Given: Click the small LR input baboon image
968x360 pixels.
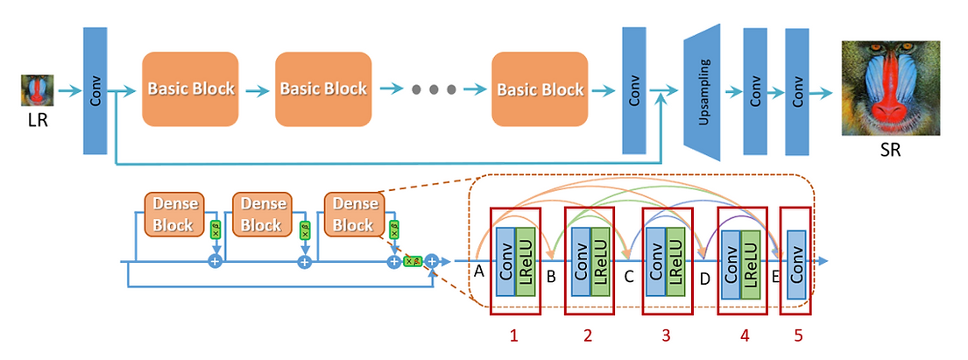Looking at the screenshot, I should pos(38,90).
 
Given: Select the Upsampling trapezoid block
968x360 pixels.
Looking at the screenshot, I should pos(704,91).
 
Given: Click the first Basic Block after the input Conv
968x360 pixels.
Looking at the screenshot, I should pos(190,88).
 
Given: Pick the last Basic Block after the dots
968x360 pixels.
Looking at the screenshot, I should pos(539,88).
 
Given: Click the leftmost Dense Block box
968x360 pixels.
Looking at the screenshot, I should pos(174,214).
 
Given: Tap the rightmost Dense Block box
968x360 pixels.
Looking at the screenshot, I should pos(353,214).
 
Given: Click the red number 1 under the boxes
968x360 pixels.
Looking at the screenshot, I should pos(515,334).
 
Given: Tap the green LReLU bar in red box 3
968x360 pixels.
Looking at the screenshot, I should pos(675,262).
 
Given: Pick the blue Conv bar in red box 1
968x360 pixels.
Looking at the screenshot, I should pos(505,262).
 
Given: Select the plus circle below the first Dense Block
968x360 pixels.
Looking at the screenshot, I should pos(215,261).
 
